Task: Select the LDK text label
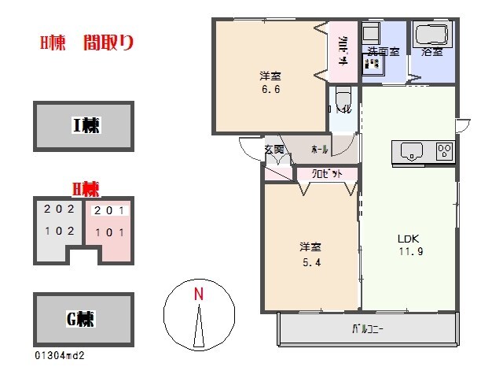(407, 239)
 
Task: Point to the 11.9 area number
(409, 252)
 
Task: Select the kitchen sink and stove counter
(423, 151)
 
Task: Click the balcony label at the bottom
(367, 329)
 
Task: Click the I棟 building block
(83, 125)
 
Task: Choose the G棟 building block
(83, 319)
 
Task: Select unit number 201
(108, 211)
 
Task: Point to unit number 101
(108, 232)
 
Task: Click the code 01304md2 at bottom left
(59, 355)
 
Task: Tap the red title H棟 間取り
(86, 44)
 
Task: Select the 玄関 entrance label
(274, 150)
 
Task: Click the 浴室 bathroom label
(431, 53)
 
